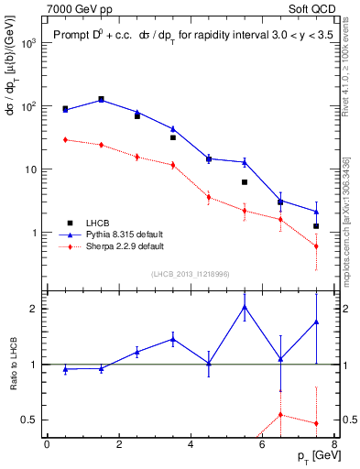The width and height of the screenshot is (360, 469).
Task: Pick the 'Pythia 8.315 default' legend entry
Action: coord(125,234)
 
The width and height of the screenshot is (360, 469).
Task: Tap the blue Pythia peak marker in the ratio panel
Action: coord(245,307)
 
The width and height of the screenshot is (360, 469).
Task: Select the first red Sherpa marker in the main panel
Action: coord(65,139)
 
